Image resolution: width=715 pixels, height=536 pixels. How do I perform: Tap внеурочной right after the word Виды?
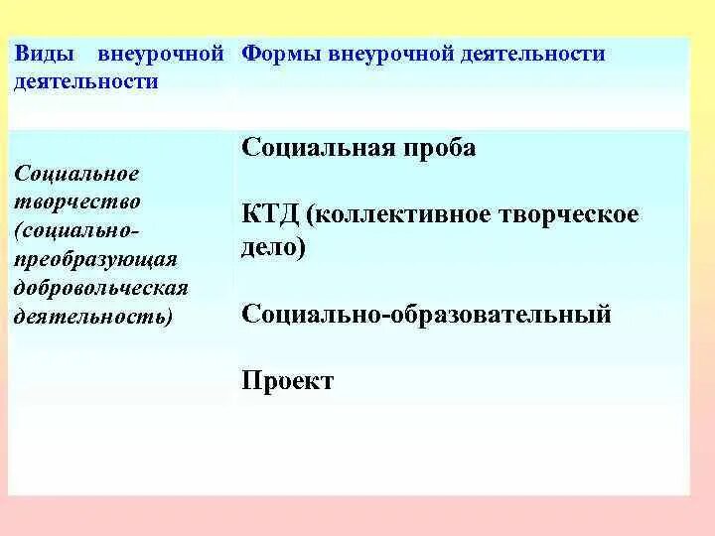pos(161,55)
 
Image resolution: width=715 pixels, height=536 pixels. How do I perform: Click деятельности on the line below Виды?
pos(86,81)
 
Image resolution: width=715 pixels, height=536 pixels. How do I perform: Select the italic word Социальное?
pos(76,174)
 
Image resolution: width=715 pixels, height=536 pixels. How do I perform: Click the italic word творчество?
pos(76,201)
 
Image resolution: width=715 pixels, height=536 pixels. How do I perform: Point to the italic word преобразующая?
pos(95,259)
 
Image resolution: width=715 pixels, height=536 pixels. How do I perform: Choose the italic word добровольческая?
pos(101,288)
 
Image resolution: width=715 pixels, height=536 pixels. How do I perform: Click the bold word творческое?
pos(565,215)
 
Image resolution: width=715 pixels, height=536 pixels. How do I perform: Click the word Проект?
pos(287,381)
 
